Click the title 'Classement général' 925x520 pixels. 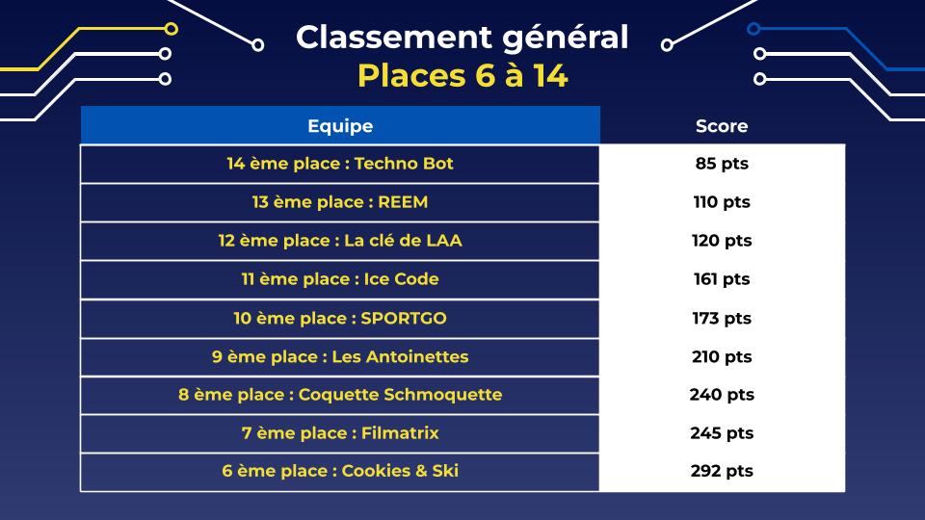[x=462, y=39]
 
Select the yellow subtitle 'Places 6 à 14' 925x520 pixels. [x=462, y=76]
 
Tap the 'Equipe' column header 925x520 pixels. [x=340, y=125]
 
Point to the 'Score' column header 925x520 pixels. [x=722, y=125]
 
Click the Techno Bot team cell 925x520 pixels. [x=340, y=164]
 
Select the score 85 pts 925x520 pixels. [x=722, y=164]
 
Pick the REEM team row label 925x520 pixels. [x=340, y=202]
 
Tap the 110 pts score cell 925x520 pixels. [x=722, y=202]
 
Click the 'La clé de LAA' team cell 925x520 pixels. [x=340, y=241]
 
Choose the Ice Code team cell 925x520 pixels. [x=340, y=279]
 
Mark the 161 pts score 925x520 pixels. [x=722, y=279]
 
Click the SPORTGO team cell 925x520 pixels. [x=340, y=319]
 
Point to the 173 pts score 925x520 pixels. [x=722, y=319]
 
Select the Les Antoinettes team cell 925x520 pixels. [x=340, y=356]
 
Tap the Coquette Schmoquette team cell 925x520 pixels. [x=340, y=395]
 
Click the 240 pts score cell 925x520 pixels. [x=722, y=395]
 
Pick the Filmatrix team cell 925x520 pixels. [x=340, y=433]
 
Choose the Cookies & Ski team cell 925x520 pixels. [x=340, y=471]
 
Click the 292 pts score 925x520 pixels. [x=722, y=471]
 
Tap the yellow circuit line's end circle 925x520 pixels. [x=172, y=28]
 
